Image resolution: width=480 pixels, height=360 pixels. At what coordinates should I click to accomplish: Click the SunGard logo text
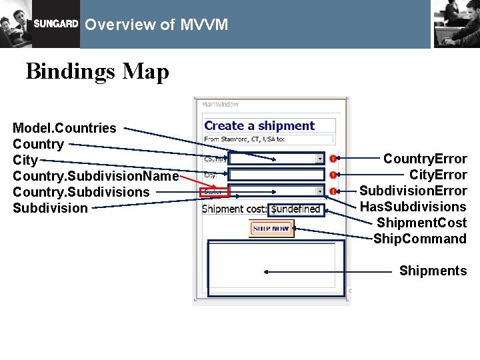[56, 24]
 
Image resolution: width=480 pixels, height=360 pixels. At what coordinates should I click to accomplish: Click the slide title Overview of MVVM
[157, 25]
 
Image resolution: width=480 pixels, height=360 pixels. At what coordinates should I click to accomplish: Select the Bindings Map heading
[97, 71]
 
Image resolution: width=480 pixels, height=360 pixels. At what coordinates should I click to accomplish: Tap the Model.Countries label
[65, 128]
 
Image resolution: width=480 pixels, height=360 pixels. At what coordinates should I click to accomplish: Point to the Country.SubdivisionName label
[96, 176]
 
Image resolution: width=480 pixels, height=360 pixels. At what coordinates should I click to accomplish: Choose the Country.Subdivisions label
[81, 192]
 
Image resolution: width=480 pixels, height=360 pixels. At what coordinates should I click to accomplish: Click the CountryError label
[425, 159]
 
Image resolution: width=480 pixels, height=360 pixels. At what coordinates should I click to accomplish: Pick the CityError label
[438, 175]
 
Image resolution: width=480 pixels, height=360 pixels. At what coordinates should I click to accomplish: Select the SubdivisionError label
[413, 191]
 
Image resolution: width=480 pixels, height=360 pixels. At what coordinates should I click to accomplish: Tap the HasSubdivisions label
[413, 207]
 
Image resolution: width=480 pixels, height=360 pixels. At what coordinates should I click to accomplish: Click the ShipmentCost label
[421, 223]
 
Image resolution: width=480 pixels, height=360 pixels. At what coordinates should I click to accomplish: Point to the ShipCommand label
[420, 239]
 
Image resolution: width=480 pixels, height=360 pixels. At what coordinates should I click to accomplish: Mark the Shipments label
[433, 271]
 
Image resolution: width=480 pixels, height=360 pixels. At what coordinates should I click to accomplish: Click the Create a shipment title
[259, 125]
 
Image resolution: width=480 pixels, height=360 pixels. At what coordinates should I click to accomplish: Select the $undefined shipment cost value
[297, 209]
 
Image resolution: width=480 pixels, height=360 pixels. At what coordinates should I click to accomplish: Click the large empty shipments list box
[275, 267]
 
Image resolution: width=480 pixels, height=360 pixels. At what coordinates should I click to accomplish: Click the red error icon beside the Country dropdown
[332, 159]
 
